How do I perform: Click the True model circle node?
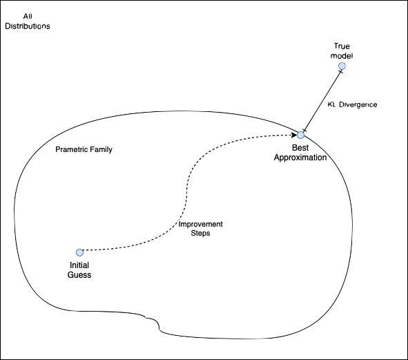pyautogui.click(x=342, y=66)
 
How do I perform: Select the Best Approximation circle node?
pyautogui.click(x=300, y=135)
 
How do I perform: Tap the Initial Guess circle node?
pyautogui.click(x=79, y=252)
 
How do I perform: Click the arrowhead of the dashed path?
pyautogui.click(x=294, y=135)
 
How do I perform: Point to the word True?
pyautogui.click(x=342, y=46)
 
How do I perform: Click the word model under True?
pyautogui.click(x=342, y=56)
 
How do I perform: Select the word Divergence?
pyautogui.click(x=358, y=105)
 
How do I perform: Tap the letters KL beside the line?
pyautogui.click(x=331, y=105)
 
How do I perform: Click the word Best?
pyautogui.click(x=300, y=148)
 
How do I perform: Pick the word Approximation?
pyautogui.click(x=300, y=158)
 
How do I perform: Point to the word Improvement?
pyautogui.click(x=201, y=225)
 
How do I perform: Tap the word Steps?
pyautogui.click(x=200, y=233)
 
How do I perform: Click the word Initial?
pyautogui.click(x=79, y=265)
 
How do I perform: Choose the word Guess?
pyautogui.click(x=79, y=275)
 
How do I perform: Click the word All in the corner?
pyautogui.click(x=28, y=17)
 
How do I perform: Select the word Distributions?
pyautogui.click(x=28, y=26)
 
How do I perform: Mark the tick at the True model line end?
pyautogui.click(x=340, y=71)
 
